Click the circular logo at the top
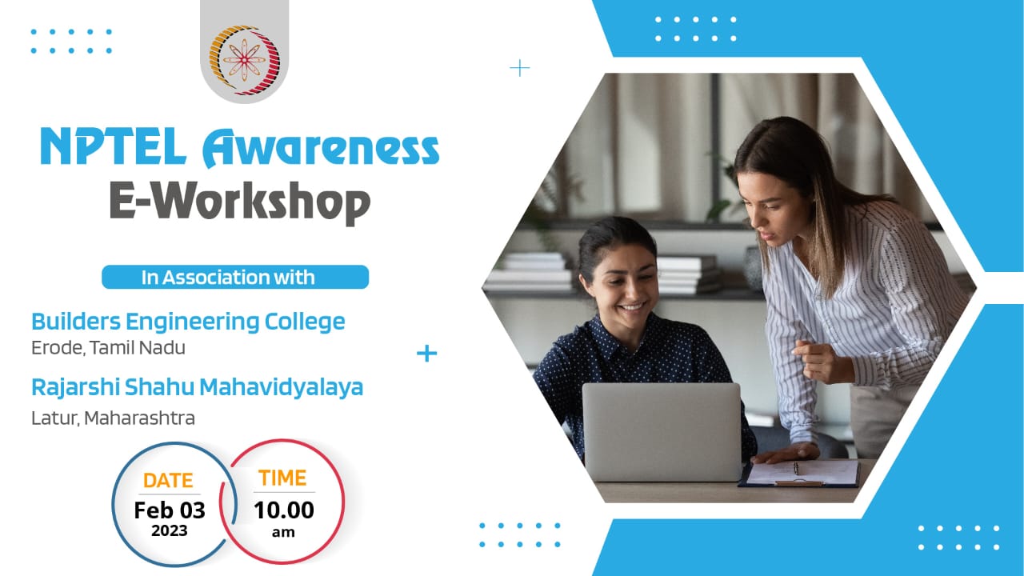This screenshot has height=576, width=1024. click(x=244, y=59)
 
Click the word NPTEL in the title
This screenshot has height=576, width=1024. click(x=114, y=146)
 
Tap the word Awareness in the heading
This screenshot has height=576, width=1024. click(x=321, y=148)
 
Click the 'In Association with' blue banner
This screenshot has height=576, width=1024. click(x=235, y=277)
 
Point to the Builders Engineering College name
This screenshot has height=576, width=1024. click(x=188, y=322)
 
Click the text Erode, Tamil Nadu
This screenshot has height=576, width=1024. click(x=108, y=348)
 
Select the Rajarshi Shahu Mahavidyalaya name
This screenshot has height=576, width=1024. click(x=197, y=388)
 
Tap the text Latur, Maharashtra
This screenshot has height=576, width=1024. click(x=113, y=418)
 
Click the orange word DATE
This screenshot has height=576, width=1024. click(x=168, y=481)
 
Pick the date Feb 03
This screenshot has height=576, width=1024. click(x=170, y=510)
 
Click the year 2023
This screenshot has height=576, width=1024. click(x=170, y=530)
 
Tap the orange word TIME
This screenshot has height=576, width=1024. click(x=282, y=478)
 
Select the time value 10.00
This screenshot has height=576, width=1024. click(x=284, y=510)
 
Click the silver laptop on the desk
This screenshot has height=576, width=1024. click(x=662, y=432)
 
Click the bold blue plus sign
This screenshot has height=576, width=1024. click(x=426, y=354)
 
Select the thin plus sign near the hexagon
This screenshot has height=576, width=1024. click(x=520, y=69)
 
